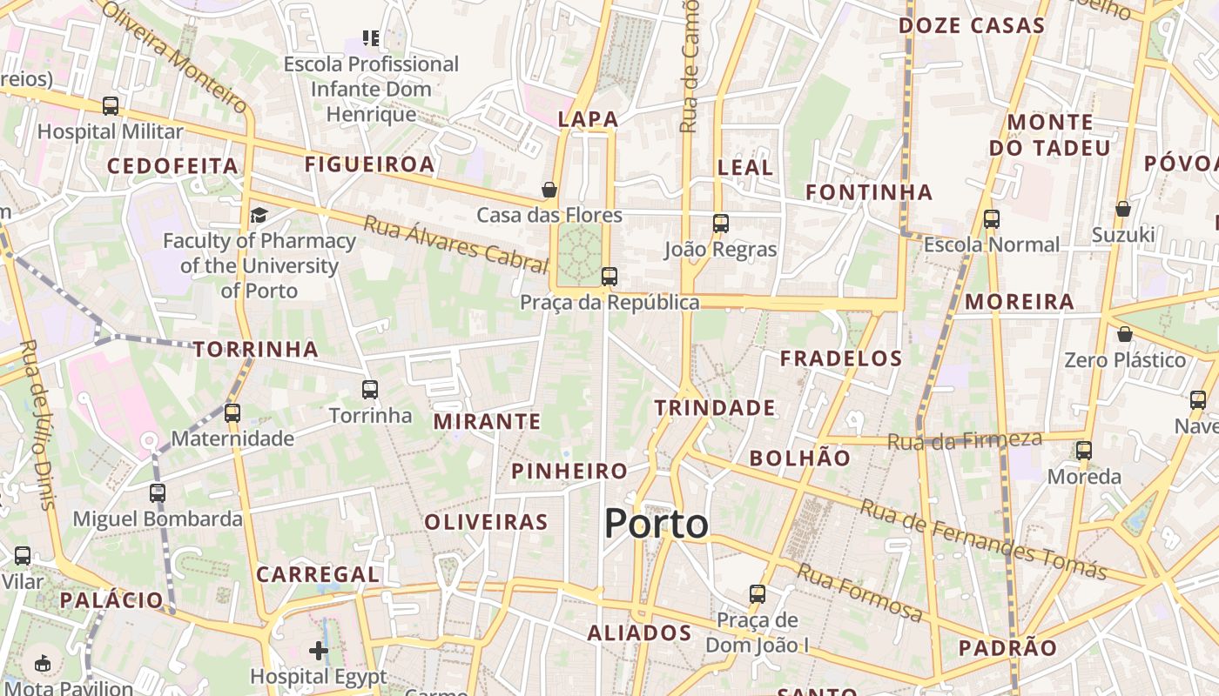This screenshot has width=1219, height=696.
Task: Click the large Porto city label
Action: pyautogui.click(x=657, y=524)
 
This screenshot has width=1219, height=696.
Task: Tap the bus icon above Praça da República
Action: pyautogui.click(x=609, y=277)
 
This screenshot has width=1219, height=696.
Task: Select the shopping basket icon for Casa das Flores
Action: pyautogui.click(x=549, y=190)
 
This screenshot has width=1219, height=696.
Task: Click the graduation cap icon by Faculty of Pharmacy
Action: pyautogui.click(x=259, y=215)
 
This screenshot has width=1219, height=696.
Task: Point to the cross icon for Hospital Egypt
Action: pyautogui.click(x=319, y=650)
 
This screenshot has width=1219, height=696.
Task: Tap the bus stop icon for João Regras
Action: pyautogui.click(x=720, y=224)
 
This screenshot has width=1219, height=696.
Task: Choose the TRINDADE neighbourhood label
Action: pyautogui.click(x=715, y=407)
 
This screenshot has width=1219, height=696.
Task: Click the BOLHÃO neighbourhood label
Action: pyautogui.click(x=799, y=458)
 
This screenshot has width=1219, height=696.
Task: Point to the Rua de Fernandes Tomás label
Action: pyautogui.click(x=983, y=539)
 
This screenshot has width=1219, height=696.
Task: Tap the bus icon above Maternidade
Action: pyautogui.click(x=232, y=412)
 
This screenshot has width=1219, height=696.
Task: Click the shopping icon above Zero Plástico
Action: pyautogui.click(x=1125, y=334)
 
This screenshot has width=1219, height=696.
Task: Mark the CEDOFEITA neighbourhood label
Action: pyautogui.click(x=172, y=165)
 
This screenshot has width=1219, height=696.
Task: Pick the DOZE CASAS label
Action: pyautogui.click(x=971, y=25)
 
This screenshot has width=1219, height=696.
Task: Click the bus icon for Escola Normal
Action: pyautogui.click(x=992, y=219)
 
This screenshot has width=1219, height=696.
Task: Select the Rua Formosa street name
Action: pyautogui.click(x=859, y=592)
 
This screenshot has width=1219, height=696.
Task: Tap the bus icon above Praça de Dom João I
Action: pyautogui.click(x=758, y=594)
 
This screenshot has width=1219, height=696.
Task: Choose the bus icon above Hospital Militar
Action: pyautogui.click(x=111, y=106)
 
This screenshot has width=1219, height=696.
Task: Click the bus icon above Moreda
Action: pyautogui.click(x=1084, y=451)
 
